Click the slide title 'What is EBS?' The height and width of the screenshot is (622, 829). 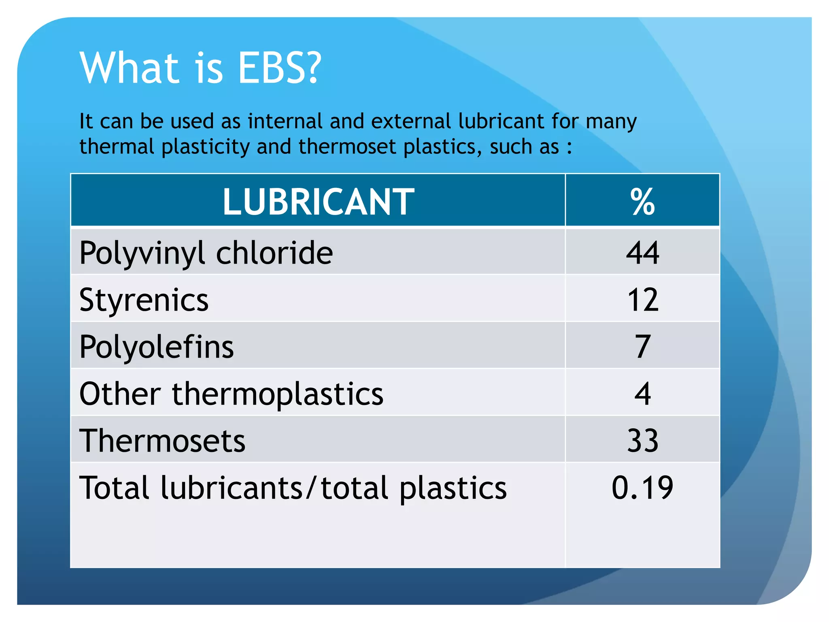pyautogui.click(x=200, y=68)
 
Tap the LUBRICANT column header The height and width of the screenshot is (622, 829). pyautogui.click(x=318, y=202)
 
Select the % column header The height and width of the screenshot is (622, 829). pyautogui.click(x=642, y=202)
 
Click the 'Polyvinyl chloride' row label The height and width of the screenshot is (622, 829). pyautogui.click(x=206, y=253)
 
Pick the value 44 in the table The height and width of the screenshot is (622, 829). pyautogui.click(x=642, y=253)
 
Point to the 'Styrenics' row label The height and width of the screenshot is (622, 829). pyautogui.click(x=144, y=300)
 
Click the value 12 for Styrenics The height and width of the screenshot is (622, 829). pyautogui.click(x=642, y=300)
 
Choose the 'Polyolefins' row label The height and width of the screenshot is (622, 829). pyautogui.click(x=157, y=347)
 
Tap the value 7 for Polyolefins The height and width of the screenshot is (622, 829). pyautogui.click(x=642, y=347)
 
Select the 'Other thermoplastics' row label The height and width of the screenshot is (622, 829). pyautogui.click(x=231, y=394)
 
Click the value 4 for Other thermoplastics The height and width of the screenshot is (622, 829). pyautogui.click(x=642, y=394)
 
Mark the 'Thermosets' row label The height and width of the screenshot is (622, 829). pyautogui.click(x=162, y=441)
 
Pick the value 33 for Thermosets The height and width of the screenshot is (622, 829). pyautogui.click(x=642, y=441)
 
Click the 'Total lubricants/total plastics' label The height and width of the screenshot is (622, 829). pyautogui.click(x=293, y=488)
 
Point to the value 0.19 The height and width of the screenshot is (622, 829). pyautogui.click(x=642, y=488)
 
